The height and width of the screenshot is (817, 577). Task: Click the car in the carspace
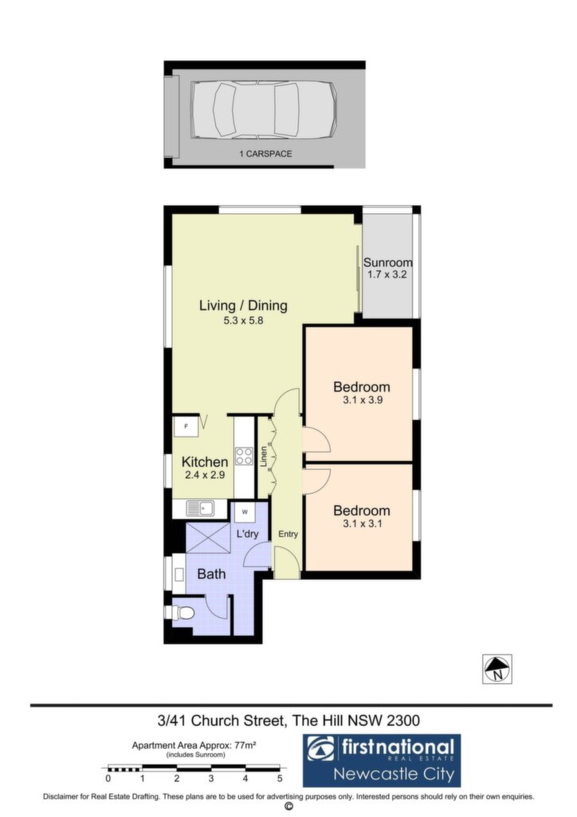(x=264, y=110)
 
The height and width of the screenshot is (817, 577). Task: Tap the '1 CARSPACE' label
(x=265, y=154)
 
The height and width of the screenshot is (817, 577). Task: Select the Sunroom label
(x=387, y=262)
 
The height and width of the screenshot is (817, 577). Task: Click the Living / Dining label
(x=244, y=306)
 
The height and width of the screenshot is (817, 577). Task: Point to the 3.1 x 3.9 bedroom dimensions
(x=363, y=401)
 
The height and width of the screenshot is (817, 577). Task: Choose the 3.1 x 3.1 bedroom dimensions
(x=363, y=523)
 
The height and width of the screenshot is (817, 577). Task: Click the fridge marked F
(x=186, y=426)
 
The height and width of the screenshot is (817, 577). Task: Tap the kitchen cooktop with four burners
(x=244, y=456)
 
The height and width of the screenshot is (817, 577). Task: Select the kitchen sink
(x=200, y=508)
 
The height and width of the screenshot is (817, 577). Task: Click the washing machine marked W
(x=245, y=511)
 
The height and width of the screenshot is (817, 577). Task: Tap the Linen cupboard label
(x=264, y=456)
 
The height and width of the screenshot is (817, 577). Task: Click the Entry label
(x=288, y=534)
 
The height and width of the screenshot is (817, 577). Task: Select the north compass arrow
(x=497, y=666)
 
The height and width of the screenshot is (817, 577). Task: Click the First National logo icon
(x=321, y=749)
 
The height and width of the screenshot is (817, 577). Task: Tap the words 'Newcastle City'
(x=394, y=774)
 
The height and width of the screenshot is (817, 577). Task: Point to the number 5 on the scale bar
(x=280, y=779)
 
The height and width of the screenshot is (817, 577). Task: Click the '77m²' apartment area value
(x=245, y=746)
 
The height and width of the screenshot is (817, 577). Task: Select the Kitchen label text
(x=205, y=462)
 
